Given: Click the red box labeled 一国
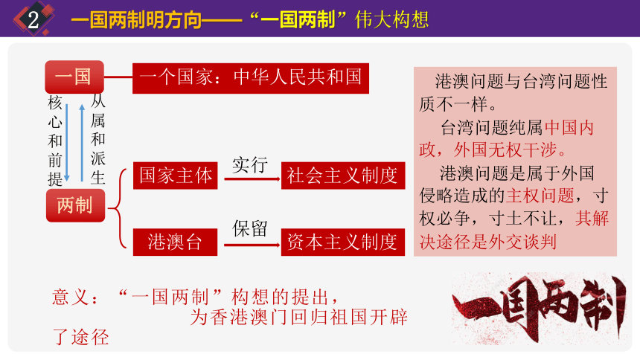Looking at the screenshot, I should click(74, 77).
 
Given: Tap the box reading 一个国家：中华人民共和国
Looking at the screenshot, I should click(251, 77).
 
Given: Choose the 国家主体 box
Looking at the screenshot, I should click(176, 176).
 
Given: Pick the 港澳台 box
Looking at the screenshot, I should click(176, 241).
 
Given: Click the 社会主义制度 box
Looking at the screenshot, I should click(342, 176).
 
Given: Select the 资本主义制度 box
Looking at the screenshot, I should click(342, 242).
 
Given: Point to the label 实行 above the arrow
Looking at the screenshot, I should click(249, 164).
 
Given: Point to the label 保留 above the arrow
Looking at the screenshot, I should click(249, 228).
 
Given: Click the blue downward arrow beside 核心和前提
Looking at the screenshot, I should click(67, 141).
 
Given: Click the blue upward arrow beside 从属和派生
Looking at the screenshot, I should click(81, 141).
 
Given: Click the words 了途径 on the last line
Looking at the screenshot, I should click(80, 338).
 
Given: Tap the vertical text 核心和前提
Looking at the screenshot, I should click(55, 139).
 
